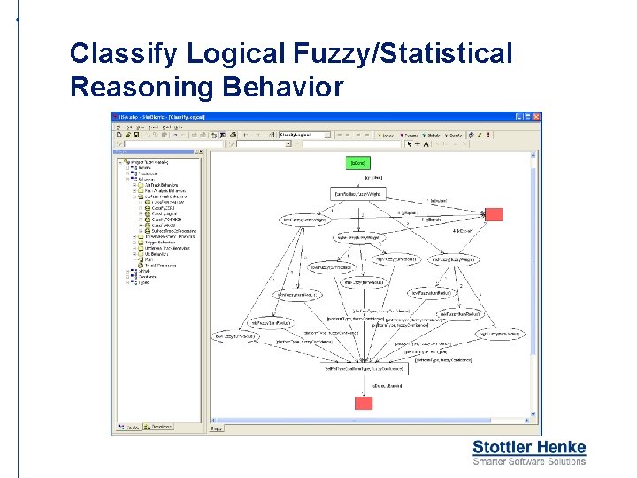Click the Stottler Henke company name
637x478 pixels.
tap(528, 447)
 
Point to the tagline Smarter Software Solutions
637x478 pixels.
tap(528, 460)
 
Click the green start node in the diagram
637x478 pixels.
tap(358, 163)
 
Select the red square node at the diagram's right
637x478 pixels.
tap(495, 213)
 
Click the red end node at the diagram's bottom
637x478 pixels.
tap(364, 403)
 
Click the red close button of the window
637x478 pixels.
tap(534, 116)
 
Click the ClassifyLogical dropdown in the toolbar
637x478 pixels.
tap(304, 135)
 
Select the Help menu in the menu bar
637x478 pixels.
tap(178, 127)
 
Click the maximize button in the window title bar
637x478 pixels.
tap(526, 116)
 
